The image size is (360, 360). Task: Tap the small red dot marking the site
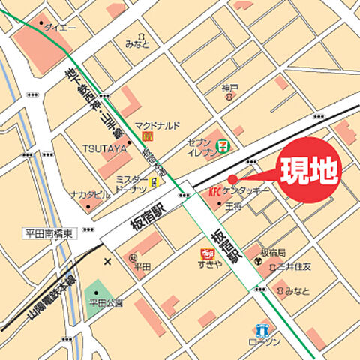(x=232, y=178)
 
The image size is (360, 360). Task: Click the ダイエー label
(x=60, y=27)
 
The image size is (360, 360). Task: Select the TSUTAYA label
(x=104, y=148)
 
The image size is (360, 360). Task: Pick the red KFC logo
(x=214, y=191)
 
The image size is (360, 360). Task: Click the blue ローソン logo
(x=260, y=330)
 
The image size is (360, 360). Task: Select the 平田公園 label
(x=106, y=302)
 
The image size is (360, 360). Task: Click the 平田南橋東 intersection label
(x=48, y=233)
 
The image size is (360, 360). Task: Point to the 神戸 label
(x=229, y=88)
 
